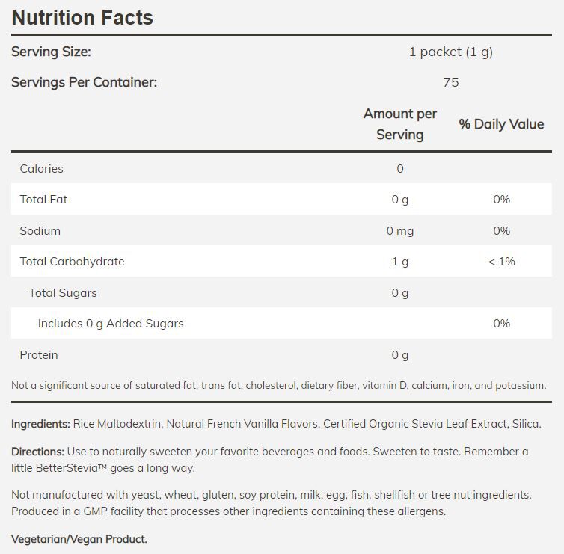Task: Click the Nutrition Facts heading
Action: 82,17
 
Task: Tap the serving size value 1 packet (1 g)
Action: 450,52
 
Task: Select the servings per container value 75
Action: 450,82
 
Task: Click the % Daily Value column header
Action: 501,124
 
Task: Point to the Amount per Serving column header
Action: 399,124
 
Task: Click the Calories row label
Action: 41,169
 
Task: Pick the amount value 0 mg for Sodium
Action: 399,231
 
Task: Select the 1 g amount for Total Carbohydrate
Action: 399,262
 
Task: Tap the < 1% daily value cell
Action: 501,262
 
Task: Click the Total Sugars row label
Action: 63,293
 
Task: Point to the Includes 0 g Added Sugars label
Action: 111,324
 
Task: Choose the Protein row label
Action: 39,355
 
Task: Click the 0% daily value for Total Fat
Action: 501,200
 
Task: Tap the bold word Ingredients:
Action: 40,424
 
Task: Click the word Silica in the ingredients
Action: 525,424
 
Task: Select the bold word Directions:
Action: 37,452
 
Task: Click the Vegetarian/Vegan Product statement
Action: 79,539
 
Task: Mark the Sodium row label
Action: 40,231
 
